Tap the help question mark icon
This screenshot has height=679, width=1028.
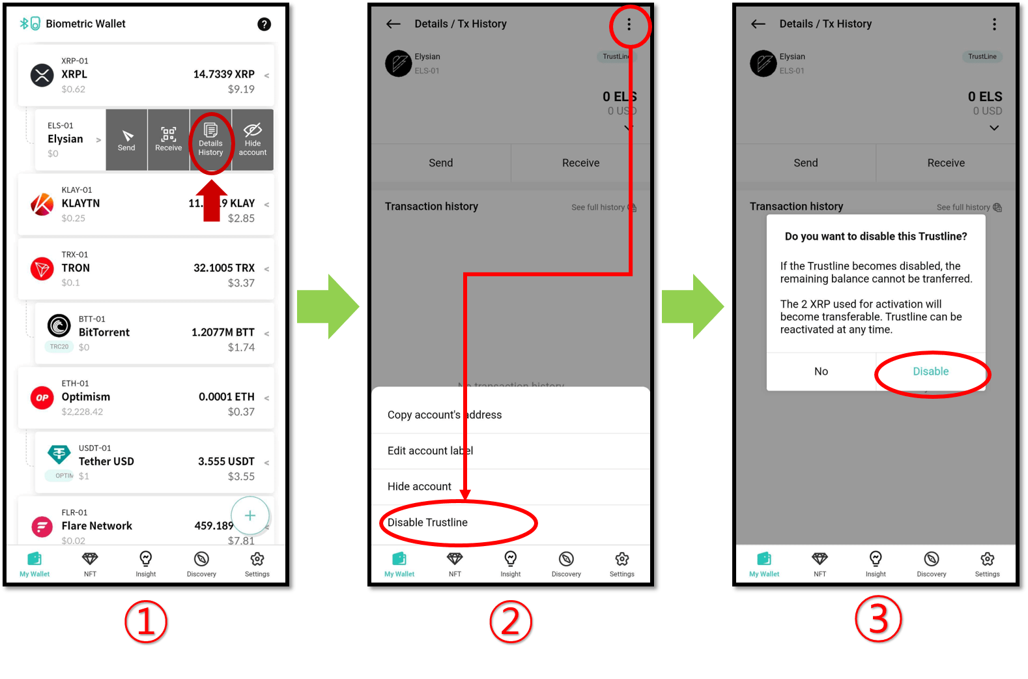coord(264,24)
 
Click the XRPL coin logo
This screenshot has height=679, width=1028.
coord(42,75)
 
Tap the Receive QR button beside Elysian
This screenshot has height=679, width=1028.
coord(169,139)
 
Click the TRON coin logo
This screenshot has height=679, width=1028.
coord(42,268)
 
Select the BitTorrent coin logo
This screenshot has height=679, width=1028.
coord(59,325)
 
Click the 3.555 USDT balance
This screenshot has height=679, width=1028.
coord(226,461)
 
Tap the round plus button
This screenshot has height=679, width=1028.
coord(250,515)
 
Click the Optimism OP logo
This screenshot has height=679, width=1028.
coord(42,397)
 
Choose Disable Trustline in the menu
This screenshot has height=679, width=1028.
coord(427,523)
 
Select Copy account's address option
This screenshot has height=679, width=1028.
coord(444,415)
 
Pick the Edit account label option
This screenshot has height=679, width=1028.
coord(430,451)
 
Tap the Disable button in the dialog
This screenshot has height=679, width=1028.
coord(930,371)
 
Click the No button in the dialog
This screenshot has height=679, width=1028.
coord(821,371)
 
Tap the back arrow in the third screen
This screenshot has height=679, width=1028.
coord(758,24)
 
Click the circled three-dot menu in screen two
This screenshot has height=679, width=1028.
coord(629,25)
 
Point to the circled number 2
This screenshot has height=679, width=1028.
coord(511,622)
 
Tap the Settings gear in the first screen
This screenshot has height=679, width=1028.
coord(257,564)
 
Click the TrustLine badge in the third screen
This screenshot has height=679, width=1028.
coord(982,57)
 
